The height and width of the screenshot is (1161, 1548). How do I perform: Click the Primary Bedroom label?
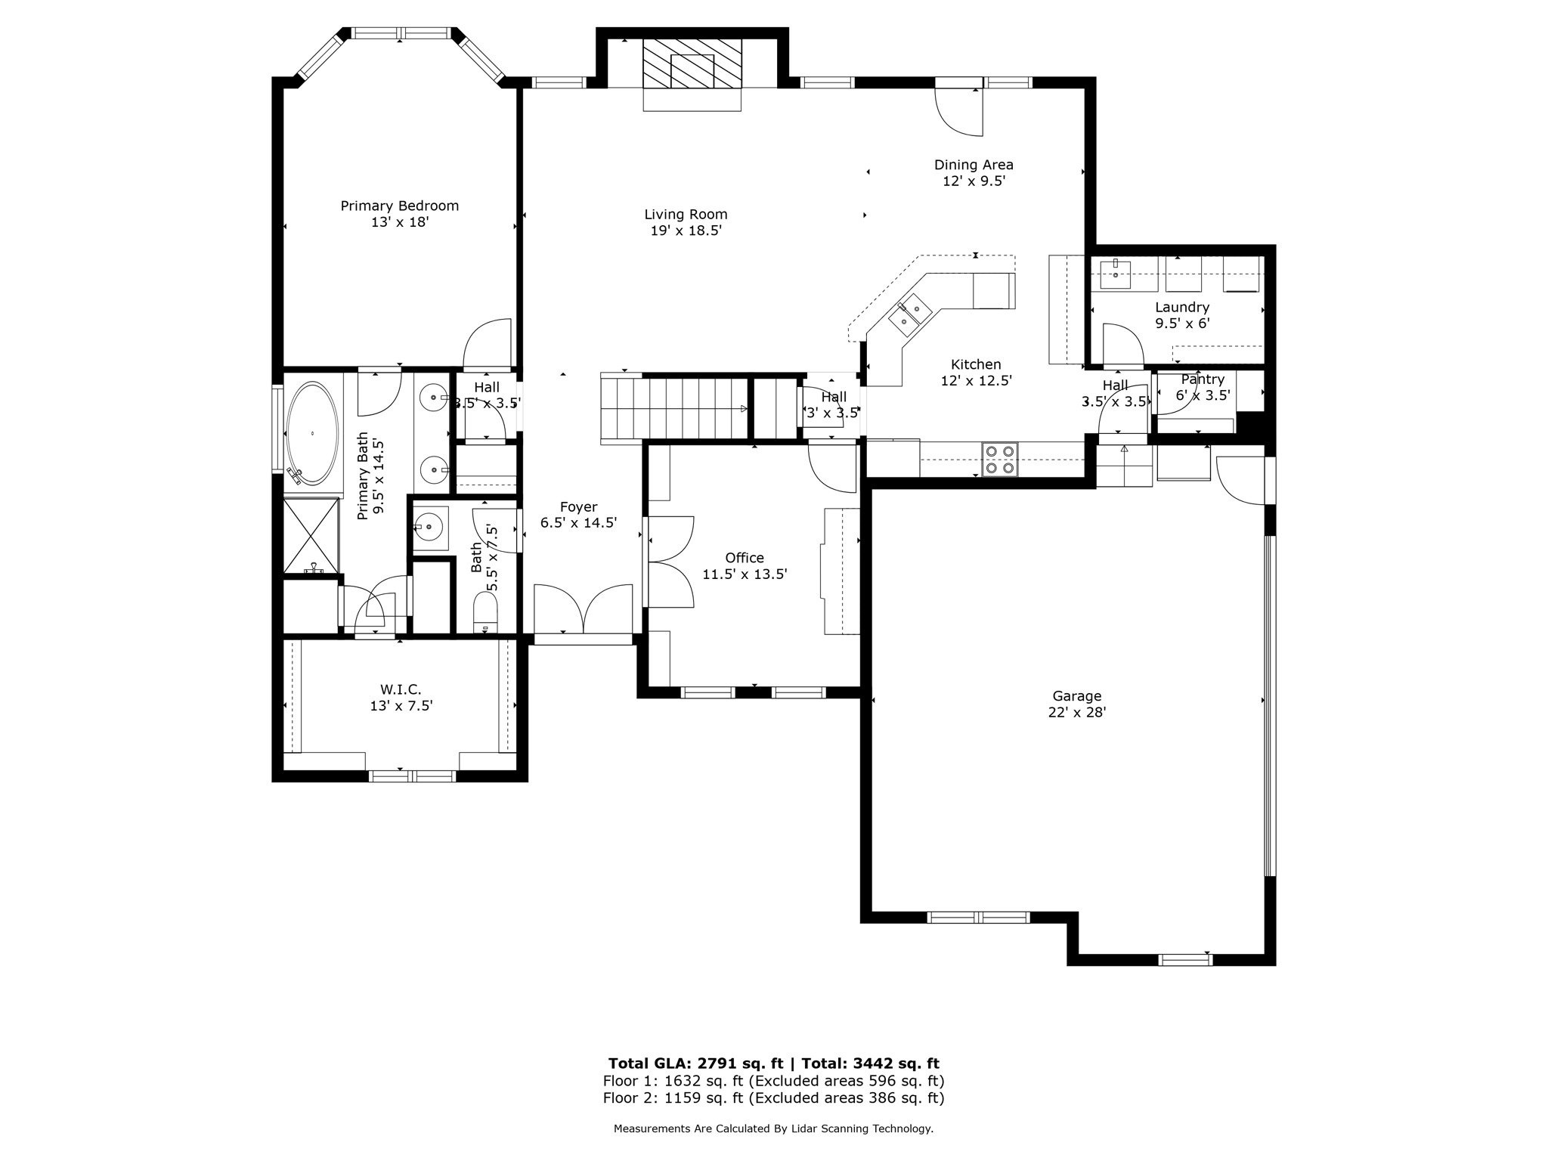click(399, 206)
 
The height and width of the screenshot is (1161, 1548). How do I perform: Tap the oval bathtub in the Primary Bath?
click(311, 433)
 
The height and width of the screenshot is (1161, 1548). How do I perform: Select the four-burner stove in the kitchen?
click(999, 460)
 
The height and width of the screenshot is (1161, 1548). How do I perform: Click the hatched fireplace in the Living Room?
click(692, 63)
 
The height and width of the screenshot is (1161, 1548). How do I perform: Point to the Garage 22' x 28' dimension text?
click(1076, 712)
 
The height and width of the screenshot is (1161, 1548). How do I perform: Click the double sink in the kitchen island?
click(909, 315)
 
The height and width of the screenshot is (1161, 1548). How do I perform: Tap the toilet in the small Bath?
click(485, 612)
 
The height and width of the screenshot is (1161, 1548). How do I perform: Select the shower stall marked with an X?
click(311, 535)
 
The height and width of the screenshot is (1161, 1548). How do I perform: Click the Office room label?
click(745, 558)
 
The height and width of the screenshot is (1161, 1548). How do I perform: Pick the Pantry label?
click(1202, 379)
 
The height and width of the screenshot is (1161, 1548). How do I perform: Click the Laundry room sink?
click(1115, 275)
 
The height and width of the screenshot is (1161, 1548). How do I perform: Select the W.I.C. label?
click(401, 689)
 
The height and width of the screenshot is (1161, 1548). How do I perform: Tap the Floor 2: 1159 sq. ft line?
click(773, 1098)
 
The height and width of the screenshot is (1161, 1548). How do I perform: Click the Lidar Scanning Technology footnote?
click(773, 1128)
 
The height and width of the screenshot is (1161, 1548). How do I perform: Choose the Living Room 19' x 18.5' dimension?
click(686, 231)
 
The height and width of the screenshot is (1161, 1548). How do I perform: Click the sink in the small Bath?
click(429, 526)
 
